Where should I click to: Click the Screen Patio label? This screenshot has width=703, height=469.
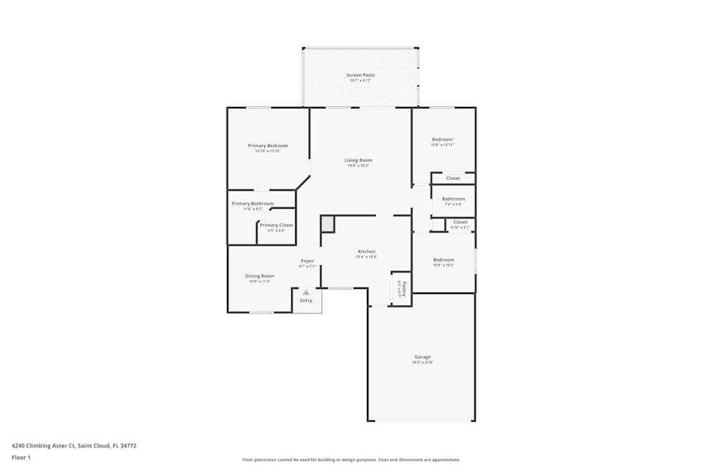(360, 75)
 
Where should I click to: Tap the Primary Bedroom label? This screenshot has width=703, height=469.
(268, 146)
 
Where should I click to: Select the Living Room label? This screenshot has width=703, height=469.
(359, 160)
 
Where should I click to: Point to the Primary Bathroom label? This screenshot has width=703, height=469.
(253, 204)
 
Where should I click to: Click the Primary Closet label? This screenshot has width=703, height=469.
(276, 225)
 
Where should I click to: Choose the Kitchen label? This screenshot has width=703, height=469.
(366, 252)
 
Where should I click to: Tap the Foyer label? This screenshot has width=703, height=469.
(307, 261)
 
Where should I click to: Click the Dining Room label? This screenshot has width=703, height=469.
(259, 276)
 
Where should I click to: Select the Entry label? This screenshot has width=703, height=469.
(306, 301)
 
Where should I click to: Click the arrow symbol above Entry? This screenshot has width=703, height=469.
(306, 292)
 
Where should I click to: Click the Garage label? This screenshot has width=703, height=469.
(422, 357)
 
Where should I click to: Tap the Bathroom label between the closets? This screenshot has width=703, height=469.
(453, 199)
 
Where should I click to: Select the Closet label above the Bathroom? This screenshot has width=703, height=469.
(453, 179)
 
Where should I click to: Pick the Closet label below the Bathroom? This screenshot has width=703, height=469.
(460, 222)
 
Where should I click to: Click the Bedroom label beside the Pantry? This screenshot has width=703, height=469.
(443, 260)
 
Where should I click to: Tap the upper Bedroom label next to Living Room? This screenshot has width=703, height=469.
(442, 139)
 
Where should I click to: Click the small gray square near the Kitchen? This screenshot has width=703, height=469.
(328, 224)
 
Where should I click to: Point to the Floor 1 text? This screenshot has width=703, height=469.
(21, 457)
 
